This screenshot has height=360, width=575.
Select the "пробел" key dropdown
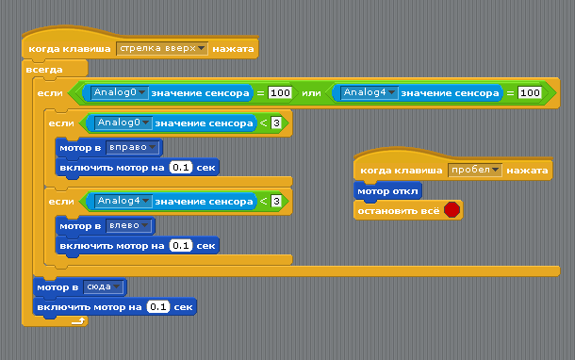click(x=475, y=171)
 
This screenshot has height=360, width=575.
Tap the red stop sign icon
click(x=452, y=210)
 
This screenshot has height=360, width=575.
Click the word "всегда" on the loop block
click(x=45, y=70)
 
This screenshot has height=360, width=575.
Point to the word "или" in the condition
click(x=311, y=93)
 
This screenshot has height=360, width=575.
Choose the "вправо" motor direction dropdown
click(x=133, y=147)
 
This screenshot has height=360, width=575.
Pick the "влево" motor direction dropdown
click(x=129, y=226)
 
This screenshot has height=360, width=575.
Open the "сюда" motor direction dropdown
click(x=104, y=286)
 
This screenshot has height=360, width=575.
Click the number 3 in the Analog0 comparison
click(x=276, y=123)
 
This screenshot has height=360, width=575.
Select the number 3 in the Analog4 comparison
click(x=276, y=202)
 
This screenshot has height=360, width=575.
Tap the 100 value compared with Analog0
click(x=280, y=93)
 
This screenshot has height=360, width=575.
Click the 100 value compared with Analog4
click(x=530, y=93)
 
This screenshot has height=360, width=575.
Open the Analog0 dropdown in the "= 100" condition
click(x=120, y=93)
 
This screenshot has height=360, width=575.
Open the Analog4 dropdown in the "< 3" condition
click(x=123, y=202)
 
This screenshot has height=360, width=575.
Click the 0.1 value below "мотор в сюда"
click(x=158, y=307)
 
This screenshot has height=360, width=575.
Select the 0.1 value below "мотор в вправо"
click(x=182, y=167)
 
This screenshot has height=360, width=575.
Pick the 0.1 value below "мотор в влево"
click(x=182, y=246)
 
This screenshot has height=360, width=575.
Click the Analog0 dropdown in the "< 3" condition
click(x=123, y=123)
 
